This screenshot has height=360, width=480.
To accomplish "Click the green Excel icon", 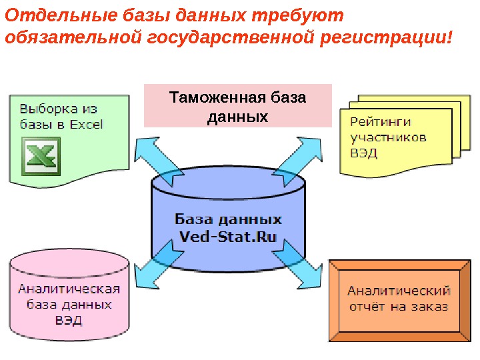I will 41,155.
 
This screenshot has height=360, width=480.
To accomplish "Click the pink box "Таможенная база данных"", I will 237,106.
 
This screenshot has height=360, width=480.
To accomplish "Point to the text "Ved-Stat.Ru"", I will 228,237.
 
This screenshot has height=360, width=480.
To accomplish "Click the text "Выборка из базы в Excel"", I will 60,116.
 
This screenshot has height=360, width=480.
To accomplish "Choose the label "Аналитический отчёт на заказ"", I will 399,299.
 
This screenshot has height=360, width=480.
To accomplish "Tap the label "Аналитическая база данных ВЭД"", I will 69,304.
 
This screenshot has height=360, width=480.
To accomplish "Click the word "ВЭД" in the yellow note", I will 364,153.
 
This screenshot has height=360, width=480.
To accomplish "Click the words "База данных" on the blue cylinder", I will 228,219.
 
